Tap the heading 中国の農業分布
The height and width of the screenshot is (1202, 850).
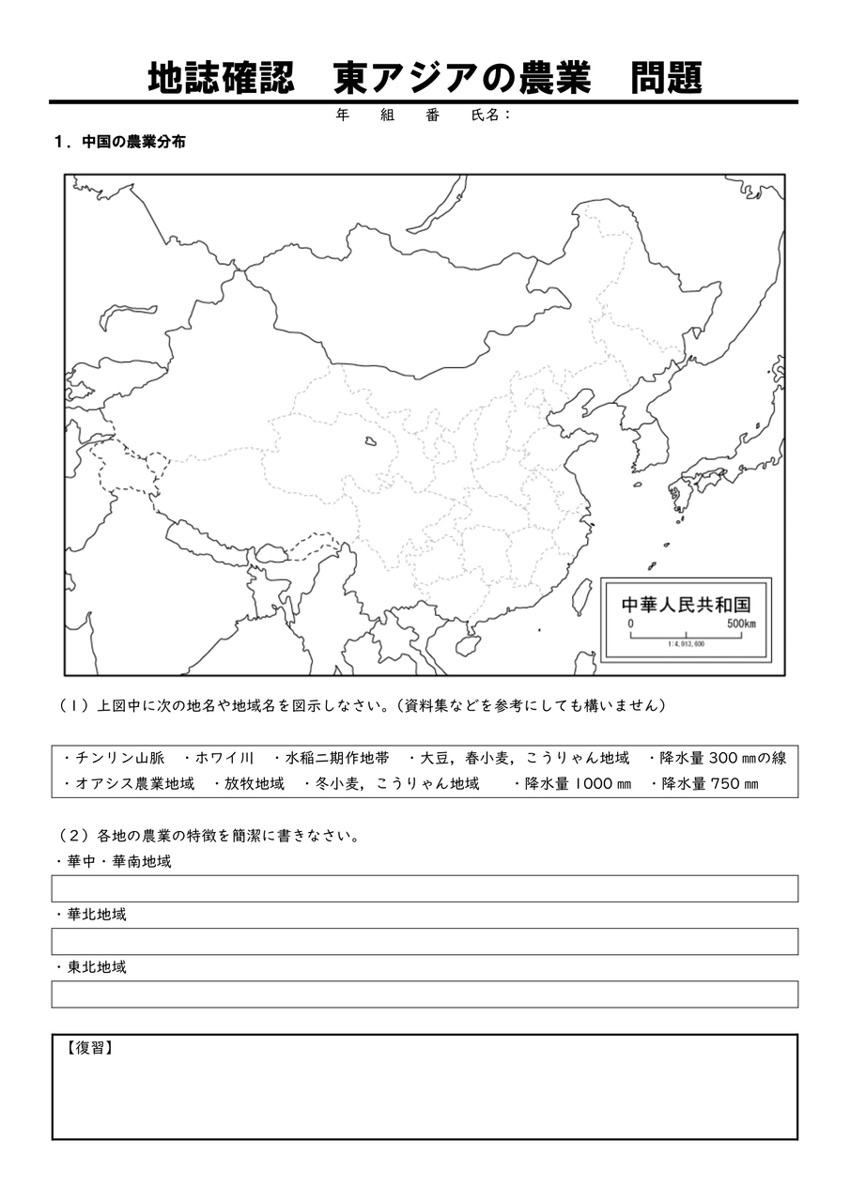133,143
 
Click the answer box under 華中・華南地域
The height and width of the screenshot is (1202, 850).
425,888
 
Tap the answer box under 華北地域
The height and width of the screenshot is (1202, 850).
425,941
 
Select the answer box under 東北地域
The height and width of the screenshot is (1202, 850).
425,994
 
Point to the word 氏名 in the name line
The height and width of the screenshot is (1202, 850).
488,115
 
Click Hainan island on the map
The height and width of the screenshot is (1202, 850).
466,645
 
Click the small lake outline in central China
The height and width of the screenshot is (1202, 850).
372,440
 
